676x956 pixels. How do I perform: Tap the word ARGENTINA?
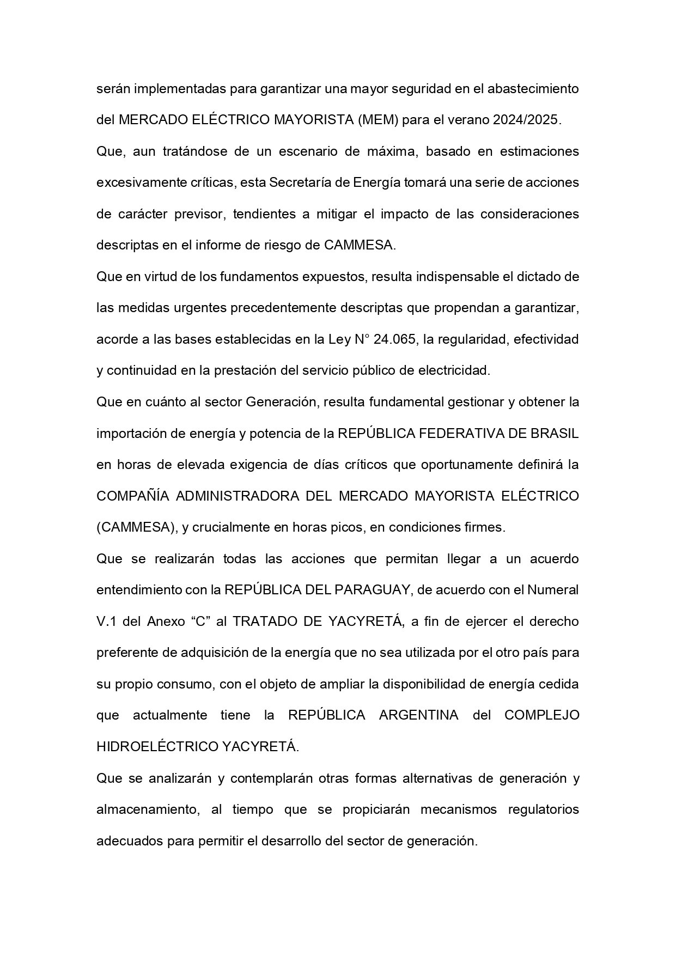tap(418, 715)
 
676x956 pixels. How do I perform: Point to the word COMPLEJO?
tap(541, 715)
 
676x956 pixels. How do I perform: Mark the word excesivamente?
tap(137, 182)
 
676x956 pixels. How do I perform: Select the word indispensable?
tap(456, 277)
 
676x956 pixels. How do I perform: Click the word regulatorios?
tap(543, 809)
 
